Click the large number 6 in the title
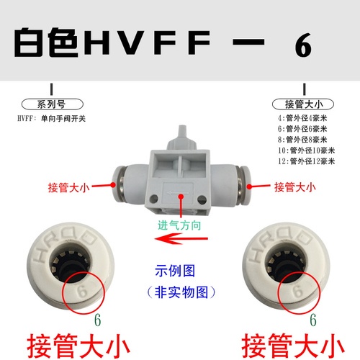click(x=303, y=45)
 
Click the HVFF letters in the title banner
click(x=147, y=42)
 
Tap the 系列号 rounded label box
click(x=53, y=104)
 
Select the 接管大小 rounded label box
click(x=303, y=104)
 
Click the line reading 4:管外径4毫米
click(x=302, y=118)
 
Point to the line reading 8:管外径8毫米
click(x=302, y=140)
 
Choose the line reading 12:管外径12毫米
click(x=306, y=161)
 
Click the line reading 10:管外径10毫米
click(x=306, y=150)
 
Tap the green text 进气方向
click(x=179, y=225)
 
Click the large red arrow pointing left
click(x=181, y=239)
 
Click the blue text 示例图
click(x=175, y=271)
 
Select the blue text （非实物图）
click(x=181, y=292)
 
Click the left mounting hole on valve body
click(x=153, y=199)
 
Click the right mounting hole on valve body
click(x=202, y=199)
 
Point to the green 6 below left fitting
click(x=97, y=320)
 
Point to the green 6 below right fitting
click(x=313, y=320)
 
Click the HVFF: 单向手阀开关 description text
click(x=51, y=119)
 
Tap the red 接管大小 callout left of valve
click(x=69, y=187)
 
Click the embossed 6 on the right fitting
click(x=298, y=292)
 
